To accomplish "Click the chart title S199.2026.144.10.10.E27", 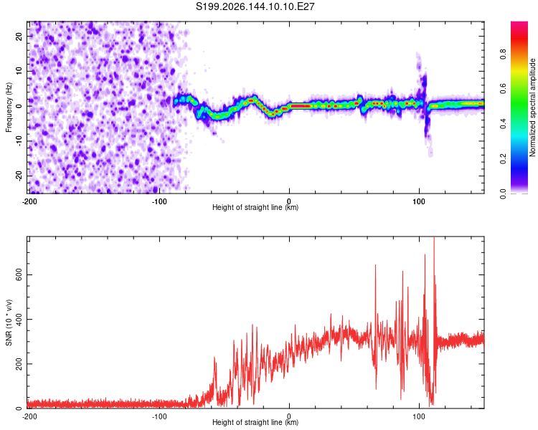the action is coord(255,6).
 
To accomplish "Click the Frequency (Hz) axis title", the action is coord(9,107).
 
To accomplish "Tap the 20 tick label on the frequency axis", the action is coord(19,37).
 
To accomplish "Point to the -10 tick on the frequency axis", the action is coord(19,140).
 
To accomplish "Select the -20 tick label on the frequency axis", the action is coord(19,176).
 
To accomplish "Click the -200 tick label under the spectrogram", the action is coord(30,201).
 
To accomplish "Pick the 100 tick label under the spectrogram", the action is coord(419,201).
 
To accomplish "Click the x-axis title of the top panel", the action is coord(255,207).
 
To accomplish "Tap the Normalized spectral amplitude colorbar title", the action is coord(532,107).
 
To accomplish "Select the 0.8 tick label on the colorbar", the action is coord(503,54).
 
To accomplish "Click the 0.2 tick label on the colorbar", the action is coord(503,159).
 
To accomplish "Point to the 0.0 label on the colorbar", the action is coord(503,193).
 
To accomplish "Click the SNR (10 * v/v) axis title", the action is coord(9,322).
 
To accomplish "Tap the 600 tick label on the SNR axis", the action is coord(19,274).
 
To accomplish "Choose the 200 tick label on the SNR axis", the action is coord(19,364).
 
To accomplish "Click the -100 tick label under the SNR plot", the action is coord(159,416).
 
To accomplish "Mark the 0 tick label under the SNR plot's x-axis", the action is coord(289,416).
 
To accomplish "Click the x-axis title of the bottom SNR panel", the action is coord(255,422).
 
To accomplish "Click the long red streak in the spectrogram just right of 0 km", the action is coord(300,106).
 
